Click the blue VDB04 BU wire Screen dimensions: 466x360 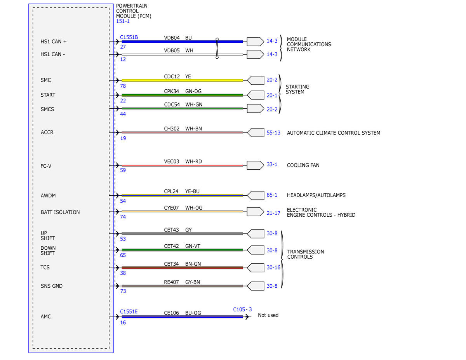point(182,42)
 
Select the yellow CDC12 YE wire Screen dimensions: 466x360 point(182,80)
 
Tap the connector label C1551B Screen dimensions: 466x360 point(129,37)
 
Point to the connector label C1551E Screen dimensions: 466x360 point(129,311)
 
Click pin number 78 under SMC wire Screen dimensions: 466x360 point(123,86)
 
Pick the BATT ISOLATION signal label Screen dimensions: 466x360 point(60,212)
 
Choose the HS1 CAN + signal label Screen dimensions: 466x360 point(54,42)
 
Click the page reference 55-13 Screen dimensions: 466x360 point(273,133)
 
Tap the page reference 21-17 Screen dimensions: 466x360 point(273,213)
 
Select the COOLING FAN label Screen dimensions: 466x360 point(303,165)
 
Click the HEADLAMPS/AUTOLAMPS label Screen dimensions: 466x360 point(316,195)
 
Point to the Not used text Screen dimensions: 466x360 point(268,315)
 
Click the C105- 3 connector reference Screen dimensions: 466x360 point(242,310)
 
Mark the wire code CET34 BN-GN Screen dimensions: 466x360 point(182,264)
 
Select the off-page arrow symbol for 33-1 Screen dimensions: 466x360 point(255,165)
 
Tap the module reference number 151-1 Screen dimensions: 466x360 point(123,21)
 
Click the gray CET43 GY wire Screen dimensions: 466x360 point(182,234)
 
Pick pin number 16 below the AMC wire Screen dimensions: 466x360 point(123,322)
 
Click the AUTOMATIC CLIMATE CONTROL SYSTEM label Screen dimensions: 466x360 point(334,133)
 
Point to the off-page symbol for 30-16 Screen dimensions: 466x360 point(255,268)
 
